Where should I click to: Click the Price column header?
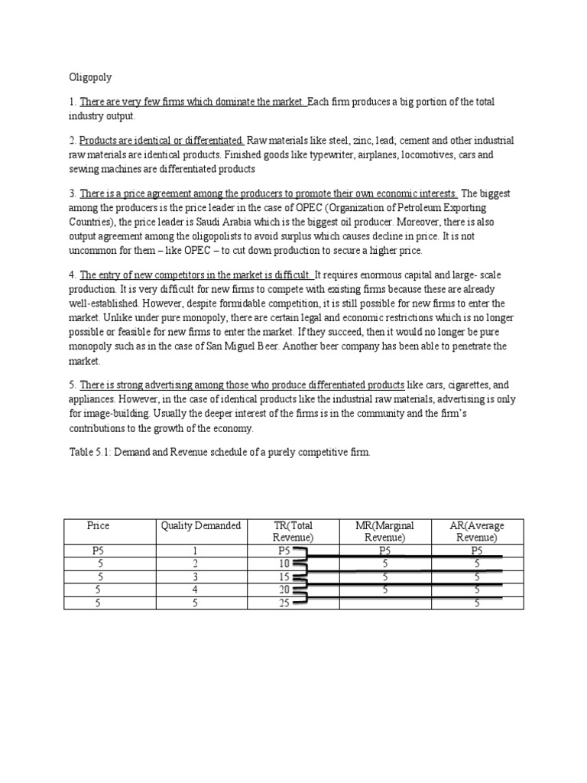click(x=99, y=525)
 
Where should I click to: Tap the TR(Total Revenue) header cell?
click(x=293, y=531)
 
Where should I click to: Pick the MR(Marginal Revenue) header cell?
click(x=384, y=531)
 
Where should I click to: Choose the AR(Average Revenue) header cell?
click(x=477, y=531)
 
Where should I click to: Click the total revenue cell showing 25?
click(x=284, y=603)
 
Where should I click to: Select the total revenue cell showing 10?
click(x=284, y=564)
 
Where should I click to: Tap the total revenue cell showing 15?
click(x=284, y=577)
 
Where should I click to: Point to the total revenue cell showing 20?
click(x=284, y=590)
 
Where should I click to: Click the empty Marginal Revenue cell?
click(x=384, y=603)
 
